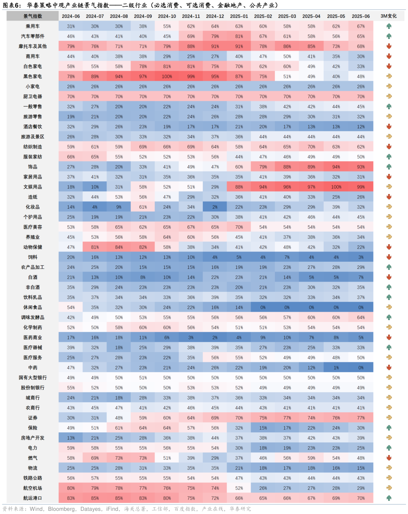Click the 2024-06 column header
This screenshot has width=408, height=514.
coord(71,16)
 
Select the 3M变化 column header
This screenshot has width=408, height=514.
coord(388,16)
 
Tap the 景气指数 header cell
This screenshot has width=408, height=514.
coord(32,16)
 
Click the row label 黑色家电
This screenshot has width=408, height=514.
coord(32,76)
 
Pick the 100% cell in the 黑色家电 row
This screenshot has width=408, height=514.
coord(167,76)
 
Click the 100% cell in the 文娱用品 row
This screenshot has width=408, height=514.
coord(336,187)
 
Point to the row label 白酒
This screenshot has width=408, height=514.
coord(32,277)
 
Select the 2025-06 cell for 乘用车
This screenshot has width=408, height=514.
coord(361,26)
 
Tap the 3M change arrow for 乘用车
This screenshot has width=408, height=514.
coord(389,26)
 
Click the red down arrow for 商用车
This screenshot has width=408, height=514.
coord(389,56)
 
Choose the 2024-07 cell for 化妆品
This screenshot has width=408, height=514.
coord(95,207)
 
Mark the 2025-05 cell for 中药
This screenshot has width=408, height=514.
coord(336,367)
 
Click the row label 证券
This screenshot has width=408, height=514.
coord(32,418)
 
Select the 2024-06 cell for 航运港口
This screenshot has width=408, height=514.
coord(71,498)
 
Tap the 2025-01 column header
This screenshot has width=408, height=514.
coord(239,16)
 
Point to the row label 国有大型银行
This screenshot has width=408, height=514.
coord(32,378)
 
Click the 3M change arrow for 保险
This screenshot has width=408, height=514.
coord(389,428)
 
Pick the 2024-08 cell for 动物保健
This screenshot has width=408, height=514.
coord(119,247)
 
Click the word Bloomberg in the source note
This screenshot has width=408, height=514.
coord(61,509)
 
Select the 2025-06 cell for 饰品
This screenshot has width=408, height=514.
coord(361,167)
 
